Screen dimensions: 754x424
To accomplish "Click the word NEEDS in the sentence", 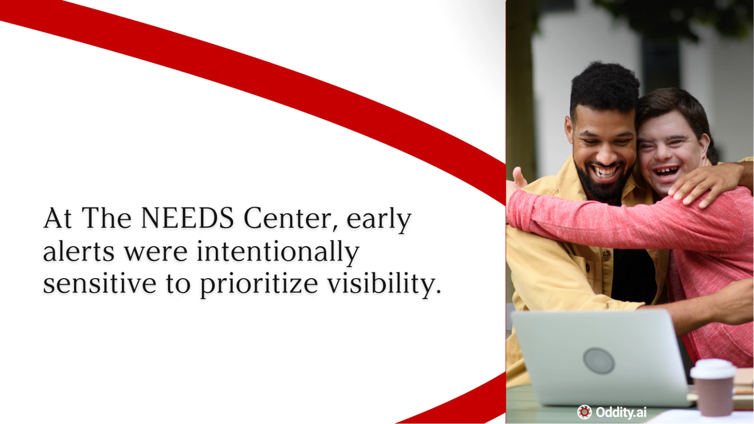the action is pyautogui.click(x=187, y=218).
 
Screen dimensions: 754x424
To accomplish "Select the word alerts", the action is pyautogui.click(x=78, y=251).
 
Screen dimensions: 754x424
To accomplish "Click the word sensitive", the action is pyautogui.click(x=100, y=283).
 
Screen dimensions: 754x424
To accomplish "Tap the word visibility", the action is pyautogui.click(x=384, y=285).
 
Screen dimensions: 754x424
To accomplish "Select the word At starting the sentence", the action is pyautogui.click(x=57, y=218).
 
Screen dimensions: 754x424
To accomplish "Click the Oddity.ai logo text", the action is pyautogui.click(x=621, y=412).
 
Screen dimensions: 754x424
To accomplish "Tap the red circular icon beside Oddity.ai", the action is pyautogui.click(x=584, y=412).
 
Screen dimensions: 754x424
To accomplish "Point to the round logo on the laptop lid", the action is pyautogui.click(x=599, y=361).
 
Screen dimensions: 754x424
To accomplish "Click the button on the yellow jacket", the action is pyautogui.click(x=606, y=255).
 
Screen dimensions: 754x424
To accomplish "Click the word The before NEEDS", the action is pyautogui.click(x=106, y=218).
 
